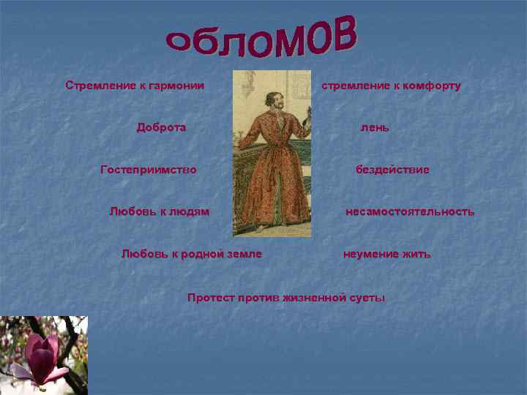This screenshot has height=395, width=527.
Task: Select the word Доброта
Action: click(x=161, y=127)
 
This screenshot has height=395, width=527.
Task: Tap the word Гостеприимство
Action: click(x=149, y=170)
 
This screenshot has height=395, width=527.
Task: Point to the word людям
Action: click(x=189, y=211)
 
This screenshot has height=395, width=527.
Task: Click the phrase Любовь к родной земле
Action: click(x=191, y=254)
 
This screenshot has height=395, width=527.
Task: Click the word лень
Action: click(x=374, y=127)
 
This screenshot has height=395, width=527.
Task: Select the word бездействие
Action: click(x=392, y=170)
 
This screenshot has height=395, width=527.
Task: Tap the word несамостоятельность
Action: click(x=410, y=212)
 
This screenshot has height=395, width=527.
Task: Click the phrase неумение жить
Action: click(x=387, y=254)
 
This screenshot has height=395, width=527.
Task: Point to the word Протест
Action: click(x=211, y=298)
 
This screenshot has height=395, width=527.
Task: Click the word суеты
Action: click(x=367, y=298)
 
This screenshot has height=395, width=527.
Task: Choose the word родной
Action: click(x=197, y=254)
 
